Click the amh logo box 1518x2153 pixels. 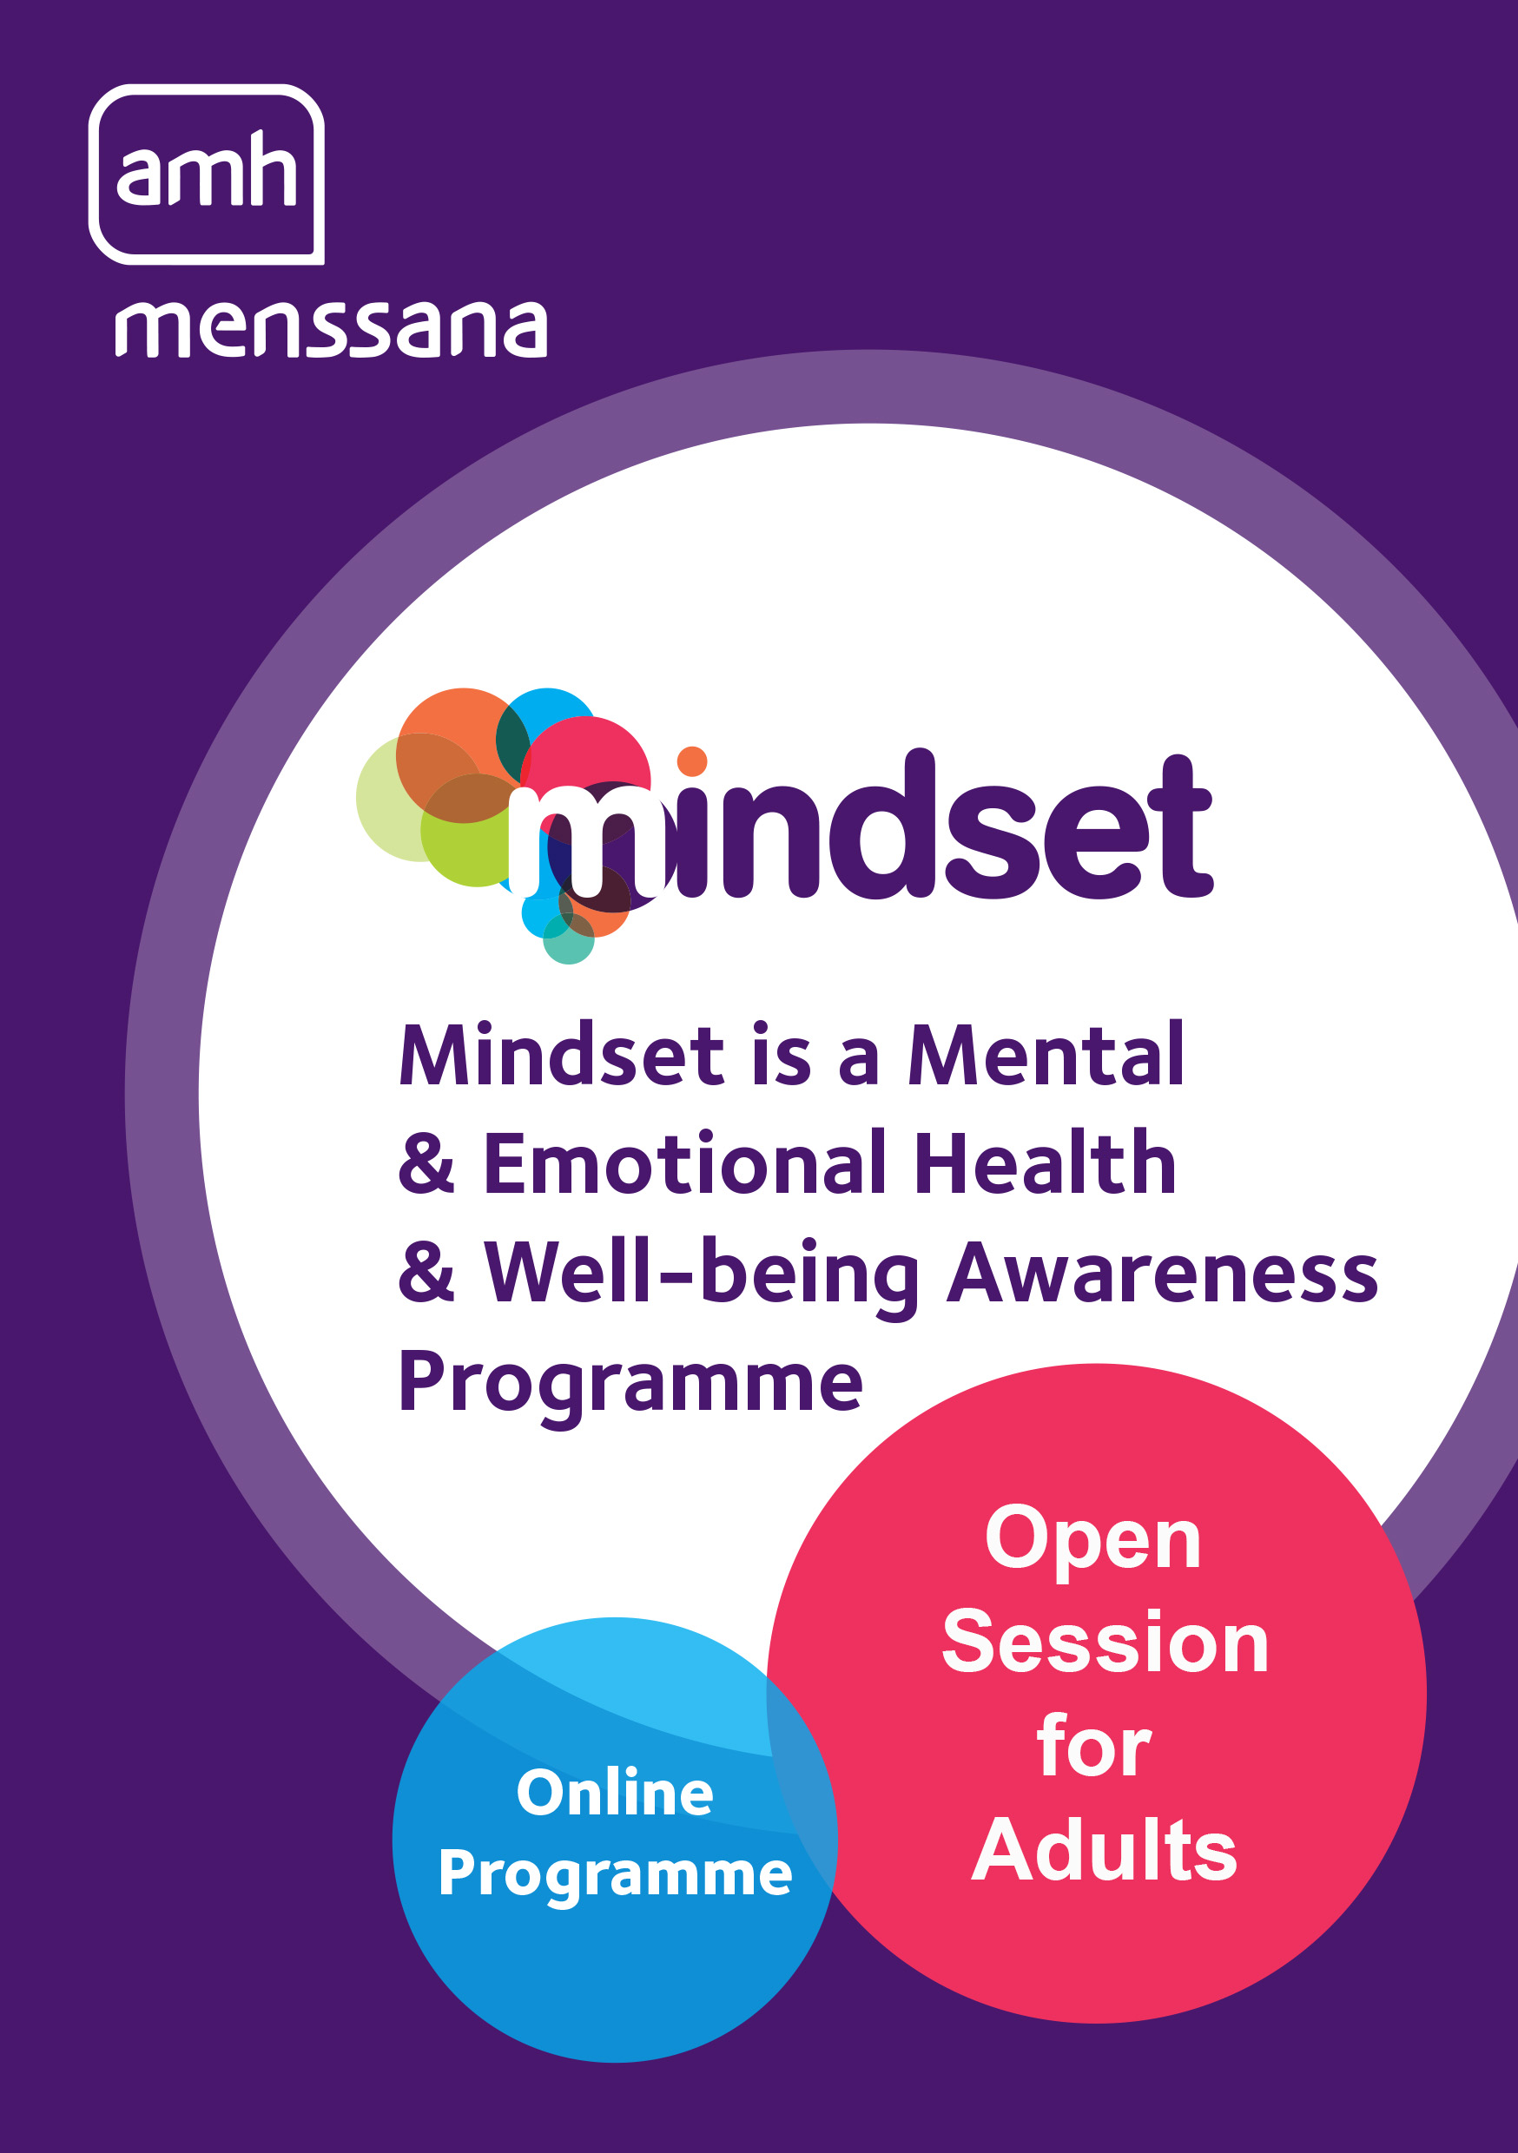coord(207,174)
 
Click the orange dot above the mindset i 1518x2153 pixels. coord(691,761)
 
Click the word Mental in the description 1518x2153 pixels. coord(1046,1056)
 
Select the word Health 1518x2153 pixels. coord(1044,1165)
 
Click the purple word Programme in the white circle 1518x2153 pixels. coord(630,1384)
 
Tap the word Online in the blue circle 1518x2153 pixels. coord(615,1793)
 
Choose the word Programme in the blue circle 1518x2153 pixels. coord(615,1874)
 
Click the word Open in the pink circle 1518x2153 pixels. coord(1092,1542)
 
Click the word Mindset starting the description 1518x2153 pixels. coord(561,1056)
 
